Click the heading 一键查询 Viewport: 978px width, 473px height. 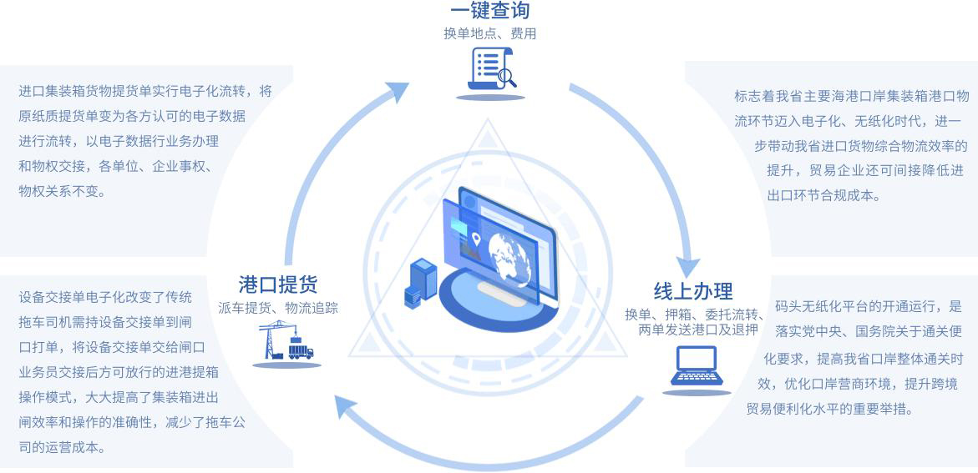tap(489, 10)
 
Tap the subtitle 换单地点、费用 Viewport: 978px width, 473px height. tap(489, 34)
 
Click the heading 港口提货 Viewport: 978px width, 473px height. tap(278, 284)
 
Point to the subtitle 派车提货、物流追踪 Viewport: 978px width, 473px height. tap(278, 308)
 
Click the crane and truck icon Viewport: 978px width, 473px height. tap(286, 341)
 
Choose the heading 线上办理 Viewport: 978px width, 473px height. tap(693, 291)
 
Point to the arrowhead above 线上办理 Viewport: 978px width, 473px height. tap(687, 267)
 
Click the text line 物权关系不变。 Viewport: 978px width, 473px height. tap(63, 191)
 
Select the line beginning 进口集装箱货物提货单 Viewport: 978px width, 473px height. tap(145, 91)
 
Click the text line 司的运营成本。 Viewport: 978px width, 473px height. tap(63, 447)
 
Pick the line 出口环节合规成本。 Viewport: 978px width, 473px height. tap(823, 196)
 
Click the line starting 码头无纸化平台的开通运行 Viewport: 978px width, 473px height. tap(869, 306)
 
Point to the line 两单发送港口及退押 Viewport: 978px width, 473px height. tap(697, 330)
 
